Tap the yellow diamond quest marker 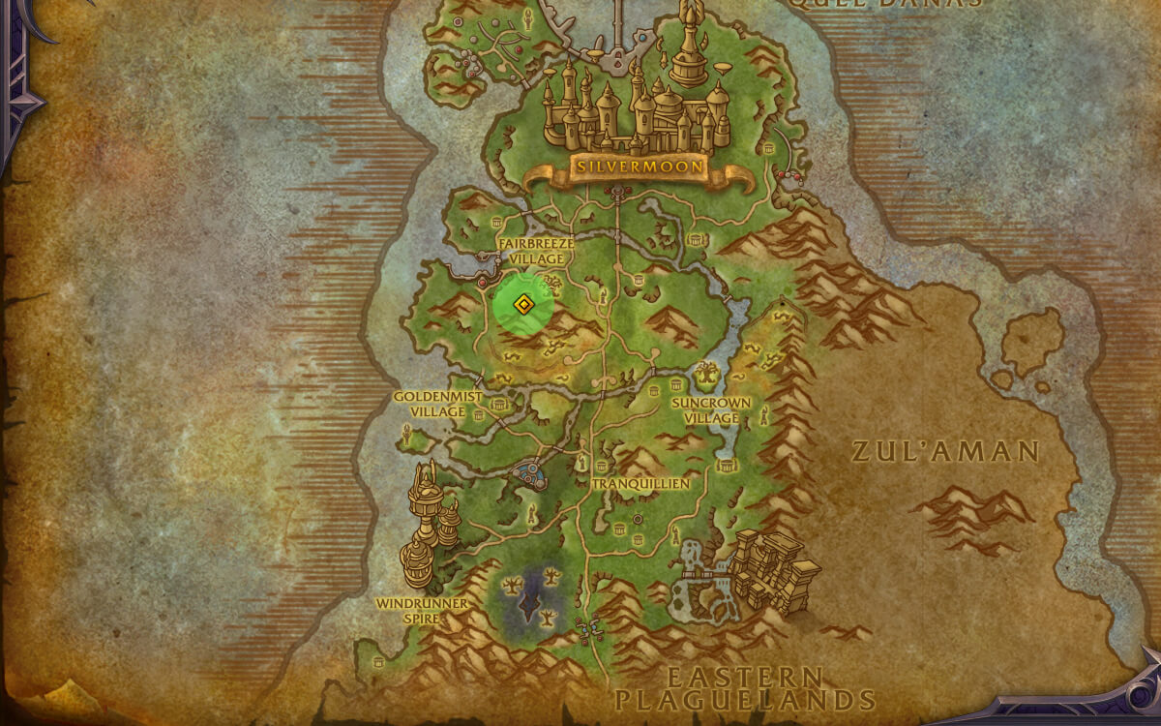[523, 306]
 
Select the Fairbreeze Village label [536, 252]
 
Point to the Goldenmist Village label [431, 404]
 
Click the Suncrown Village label [711, 409]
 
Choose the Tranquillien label [640, 483]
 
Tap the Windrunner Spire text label [422, 611]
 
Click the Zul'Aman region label [945, 451]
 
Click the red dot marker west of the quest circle [483, 283]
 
